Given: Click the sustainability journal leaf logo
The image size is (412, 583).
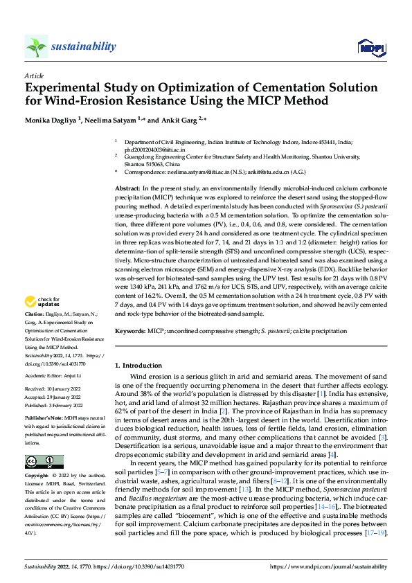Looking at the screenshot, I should pyautogui.click(x=36, y=46).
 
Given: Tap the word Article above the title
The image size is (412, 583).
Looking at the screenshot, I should pyautogui.click(x=33, y=76).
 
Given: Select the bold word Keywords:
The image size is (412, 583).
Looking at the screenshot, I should pyautogui.click(x=129, y=332).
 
